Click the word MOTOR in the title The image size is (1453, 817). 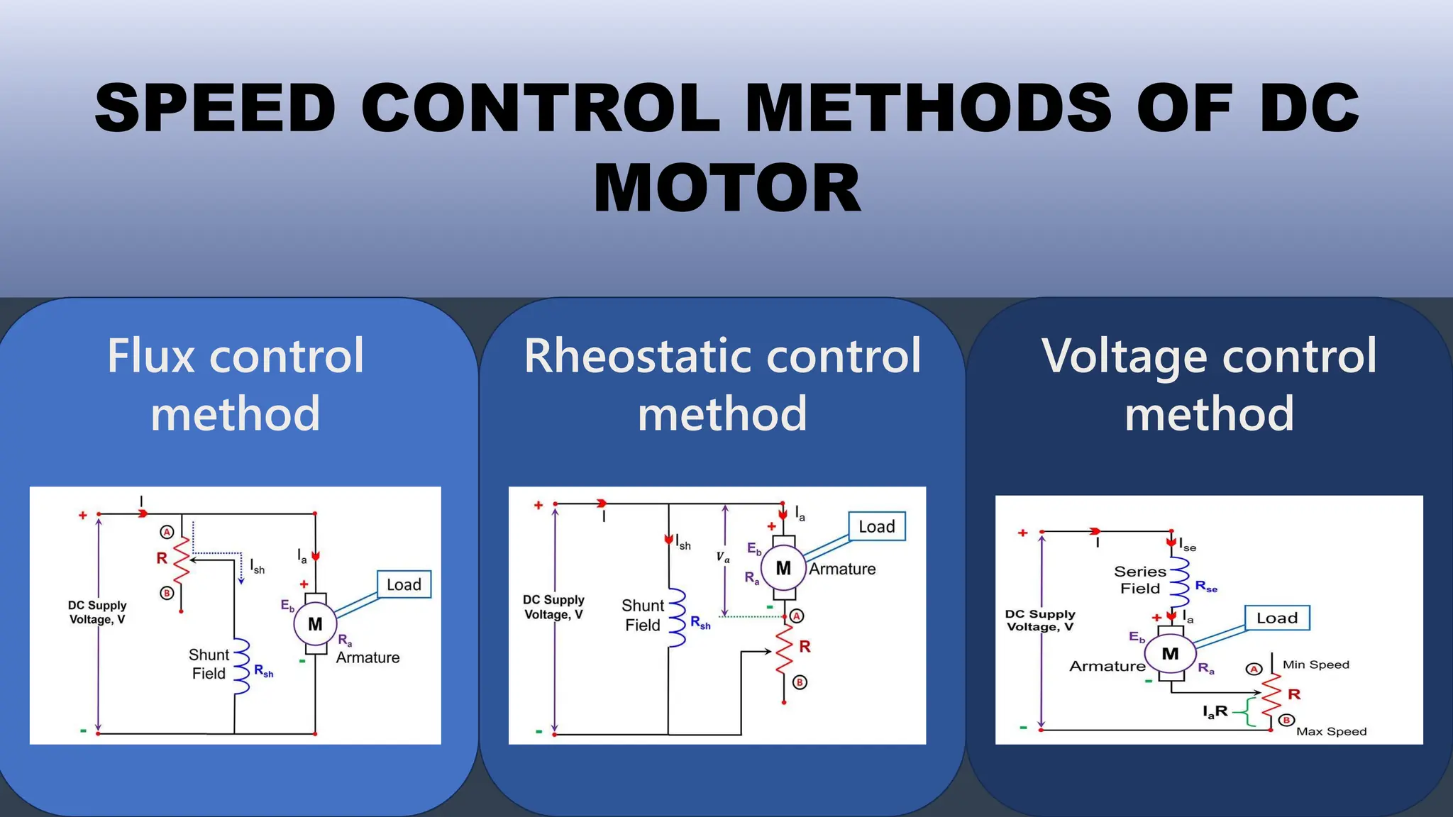727,188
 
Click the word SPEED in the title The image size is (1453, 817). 215,108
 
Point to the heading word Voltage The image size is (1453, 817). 1123,357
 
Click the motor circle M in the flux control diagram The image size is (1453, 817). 315,624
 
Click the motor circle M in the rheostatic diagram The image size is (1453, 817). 783,568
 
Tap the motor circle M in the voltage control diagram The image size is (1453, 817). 1170,654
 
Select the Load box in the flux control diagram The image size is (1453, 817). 404,584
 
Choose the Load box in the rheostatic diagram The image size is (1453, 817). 877,526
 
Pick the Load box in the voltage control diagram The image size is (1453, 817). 1277,618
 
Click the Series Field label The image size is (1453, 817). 1140,580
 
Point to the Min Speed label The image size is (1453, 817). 1315,665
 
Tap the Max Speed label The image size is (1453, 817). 1331,731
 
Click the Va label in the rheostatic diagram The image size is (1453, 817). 722,557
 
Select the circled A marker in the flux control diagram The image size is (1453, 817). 167,532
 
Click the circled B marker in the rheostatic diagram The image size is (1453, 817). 800,682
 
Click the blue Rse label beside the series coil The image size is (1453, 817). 1206,586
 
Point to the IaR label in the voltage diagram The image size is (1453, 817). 1215,711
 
